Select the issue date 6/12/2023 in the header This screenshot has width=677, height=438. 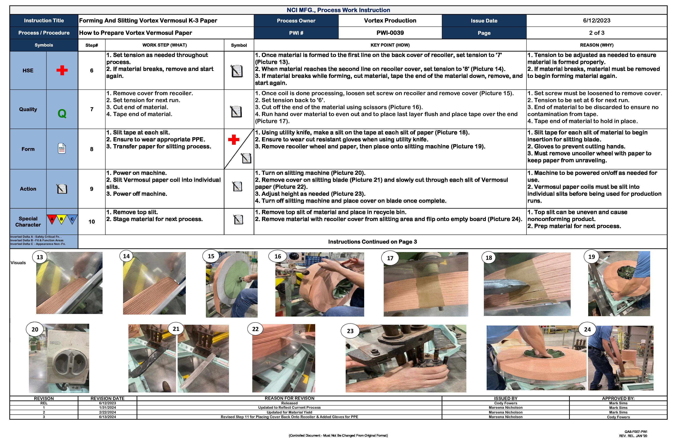pyautogui.click(x=597, y=21)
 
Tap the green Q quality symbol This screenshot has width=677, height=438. pyautogui.click(x=62, y=114)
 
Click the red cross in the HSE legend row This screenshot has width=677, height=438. pyautogui.click(x=62, y=70)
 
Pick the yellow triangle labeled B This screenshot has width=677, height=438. pyautogui.click(x=62, y=219)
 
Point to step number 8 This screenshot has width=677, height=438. pyautogui.click(x=92, y=149)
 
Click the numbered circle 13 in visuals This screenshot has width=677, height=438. pyautogui.click(x=40, y=257)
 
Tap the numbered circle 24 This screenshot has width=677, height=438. pyautogui.click(x=587, y=329)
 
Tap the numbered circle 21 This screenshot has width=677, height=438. pyautogui.click(x=176, y=329)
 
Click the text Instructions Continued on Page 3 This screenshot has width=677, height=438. pyautogui.click(x=372, y=242)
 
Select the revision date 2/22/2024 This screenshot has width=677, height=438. pyautogui.click(x=107, y=412)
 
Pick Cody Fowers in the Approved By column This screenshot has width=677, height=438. pyautogui.click(x=618, y=417)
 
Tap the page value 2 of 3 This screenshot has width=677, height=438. pyautogui.click(x=597, y=33)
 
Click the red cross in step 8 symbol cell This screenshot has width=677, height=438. pyautogui.click(x=234, y=140)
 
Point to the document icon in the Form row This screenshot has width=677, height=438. pyautogui.click(x=62, y=149)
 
